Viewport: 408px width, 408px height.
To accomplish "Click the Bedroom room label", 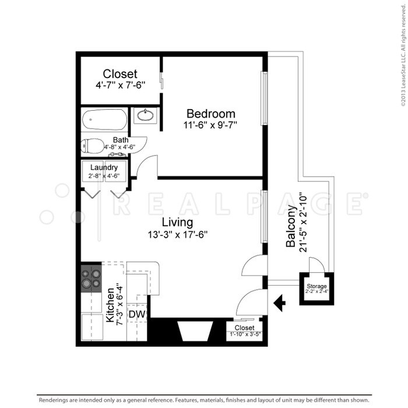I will click(x=210, y=114).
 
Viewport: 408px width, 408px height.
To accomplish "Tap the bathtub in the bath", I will click(x=104, y=121).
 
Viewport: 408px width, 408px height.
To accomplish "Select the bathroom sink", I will click(x=145, y=116).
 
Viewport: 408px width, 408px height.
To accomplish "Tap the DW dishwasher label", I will click(x=136, y=315).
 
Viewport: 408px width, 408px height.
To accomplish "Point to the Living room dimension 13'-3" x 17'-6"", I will click(x=178, y=234).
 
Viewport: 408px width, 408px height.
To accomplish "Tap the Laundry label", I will click(x=104, y=168).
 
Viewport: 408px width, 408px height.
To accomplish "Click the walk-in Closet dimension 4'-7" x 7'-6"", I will click(x=120, y=85).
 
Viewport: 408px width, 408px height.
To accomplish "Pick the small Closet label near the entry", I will click(x=244, y=328).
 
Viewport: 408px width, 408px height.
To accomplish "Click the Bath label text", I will click(x=121, y=140).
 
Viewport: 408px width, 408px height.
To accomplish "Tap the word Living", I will click(x=177, y=222).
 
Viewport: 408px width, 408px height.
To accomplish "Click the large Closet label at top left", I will click(x=120, y=74).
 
